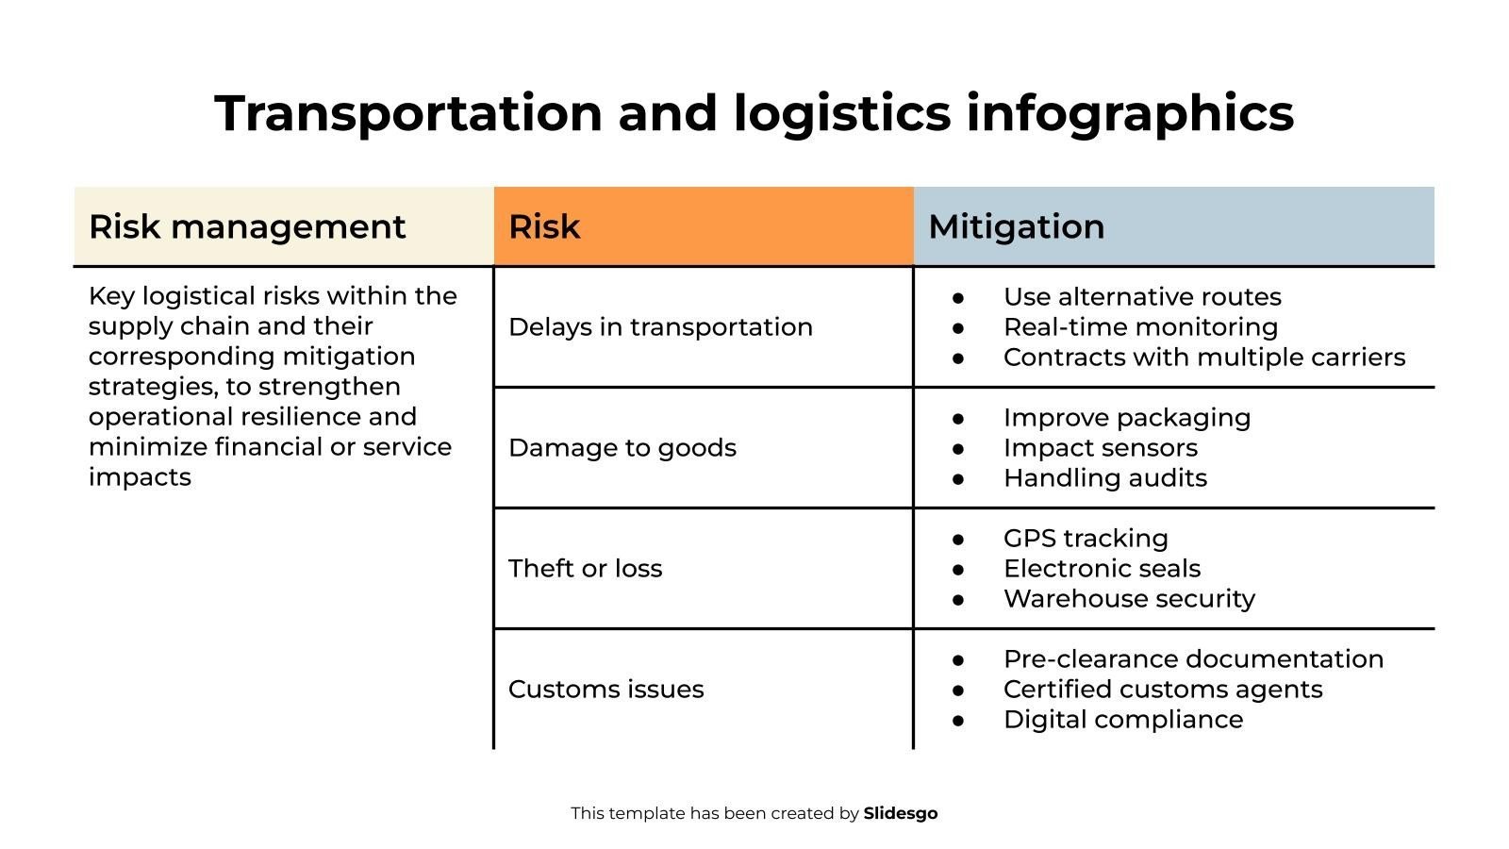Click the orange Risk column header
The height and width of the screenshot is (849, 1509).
coord(703,226)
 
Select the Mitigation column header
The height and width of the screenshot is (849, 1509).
coord(1173,226)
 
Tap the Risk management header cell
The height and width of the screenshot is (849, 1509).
coord(283,226)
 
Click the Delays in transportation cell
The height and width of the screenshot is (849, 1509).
coord(660,326)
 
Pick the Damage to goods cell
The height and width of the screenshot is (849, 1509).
coord(622,447)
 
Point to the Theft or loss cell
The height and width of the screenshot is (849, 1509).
coord(586,568)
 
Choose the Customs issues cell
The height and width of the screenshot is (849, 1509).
coord(606,689)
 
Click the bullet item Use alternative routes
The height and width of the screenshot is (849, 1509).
coord(1142,297)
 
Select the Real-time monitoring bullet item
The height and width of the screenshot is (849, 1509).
coord(1140,327)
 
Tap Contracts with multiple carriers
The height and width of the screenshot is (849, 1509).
coord(1203,358)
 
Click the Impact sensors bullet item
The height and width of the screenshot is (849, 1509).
coord(1101,448)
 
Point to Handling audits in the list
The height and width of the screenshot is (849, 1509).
coord(1105,478)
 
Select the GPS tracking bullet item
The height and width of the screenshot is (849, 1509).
coord(1086,539)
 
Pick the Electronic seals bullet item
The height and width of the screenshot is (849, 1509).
coord(1102,569)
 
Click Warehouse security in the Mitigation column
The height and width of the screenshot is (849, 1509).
coord(1129,599)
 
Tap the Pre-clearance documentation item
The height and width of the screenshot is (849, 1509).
coord(1193,659)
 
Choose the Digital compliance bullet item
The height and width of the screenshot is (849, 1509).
coord(1123,720)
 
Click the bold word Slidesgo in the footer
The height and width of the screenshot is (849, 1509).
coord(901,813)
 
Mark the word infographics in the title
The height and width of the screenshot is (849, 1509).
coord(1129,113)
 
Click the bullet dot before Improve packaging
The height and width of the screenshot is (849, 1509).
coord(958,418)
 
